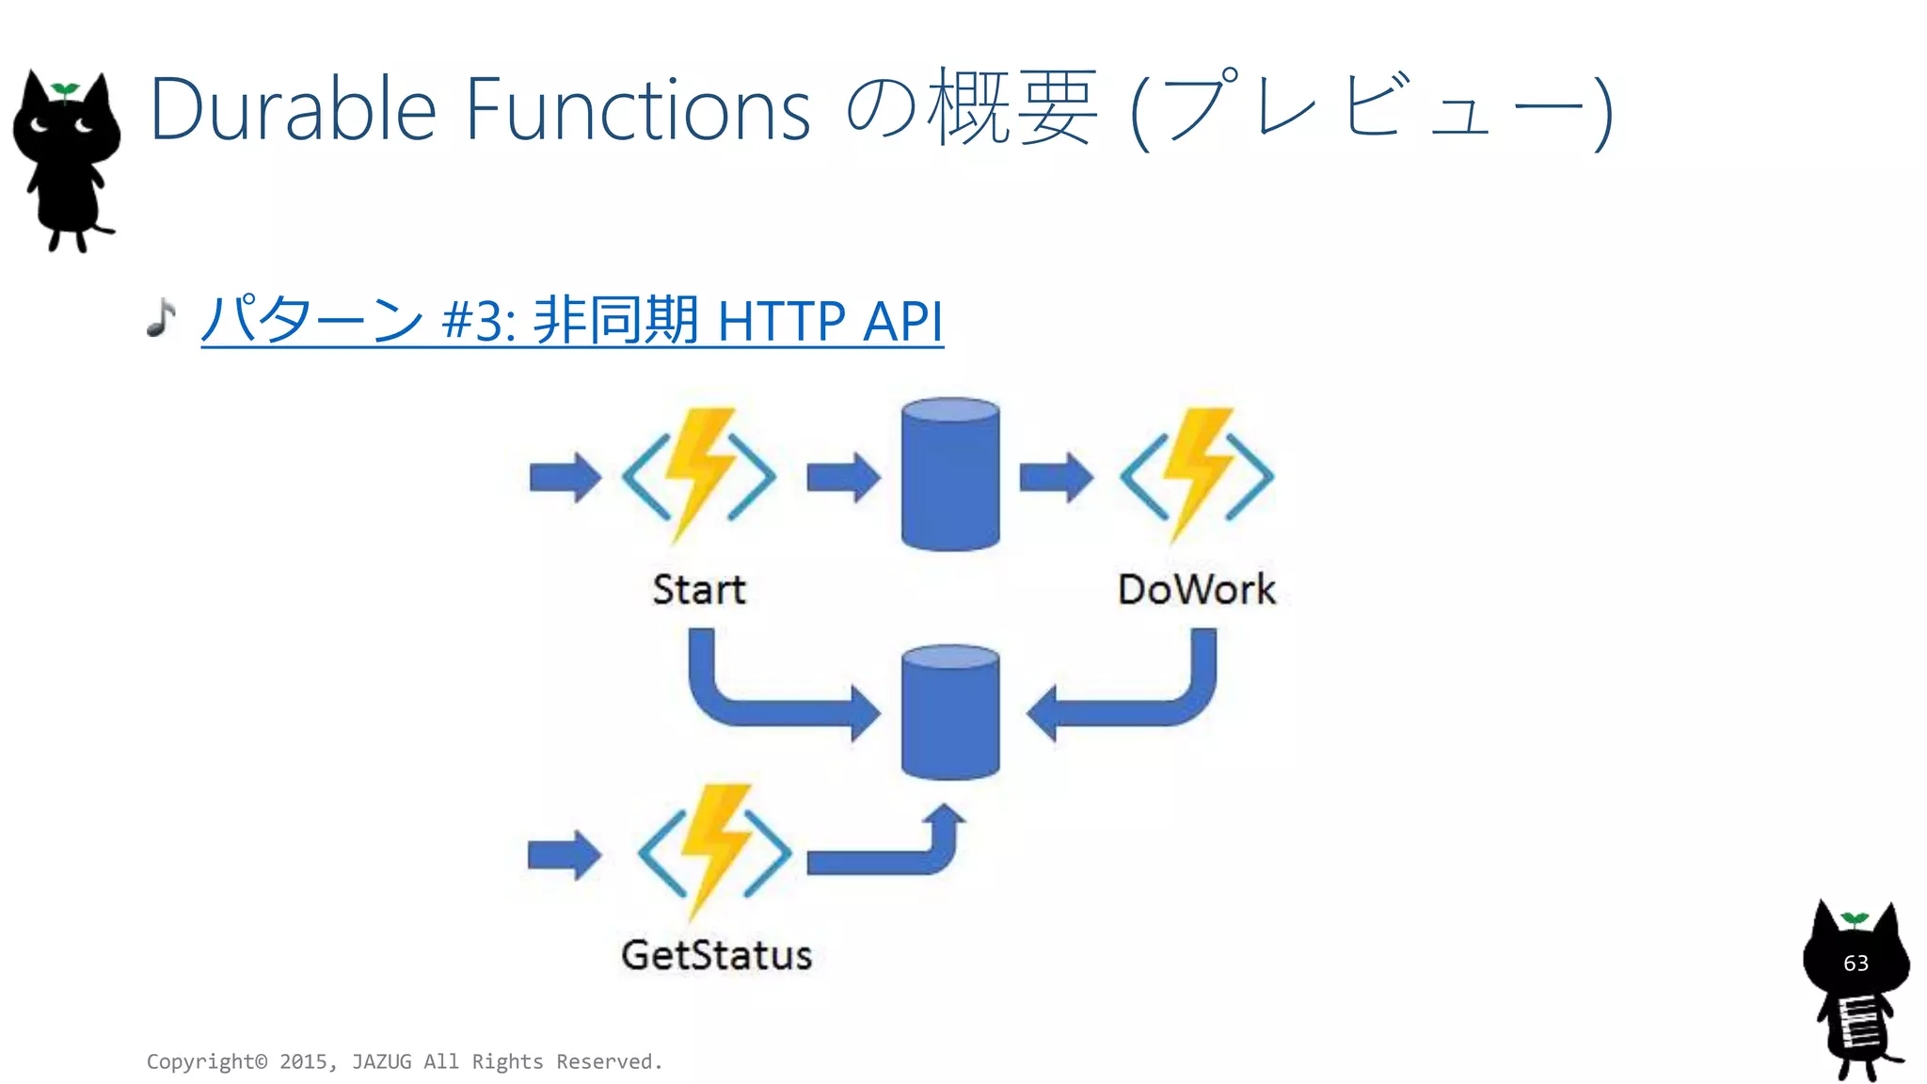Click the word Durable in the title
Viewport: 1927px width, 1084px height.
click(293, 110)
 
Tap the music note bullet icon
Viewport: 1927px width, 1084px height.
click(161, 317)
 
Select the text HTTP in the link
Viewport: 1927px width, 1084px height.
click(781, 321)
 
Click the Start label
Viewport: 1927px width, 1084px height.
click(698, 590)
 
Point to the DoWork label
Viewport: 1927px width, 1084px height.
click(1196, 590)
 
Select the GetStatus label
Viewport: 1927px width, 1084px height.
click(716, 955)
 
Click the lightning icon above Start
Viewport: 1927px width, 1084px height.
click(699, 475)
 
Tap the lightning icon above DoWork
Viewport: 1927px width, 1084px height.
click(1197, 475)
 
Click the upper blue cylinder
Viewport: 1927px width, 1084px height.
click(950, 474)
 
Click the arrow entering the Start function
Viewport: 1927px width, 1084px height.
click(565, 477)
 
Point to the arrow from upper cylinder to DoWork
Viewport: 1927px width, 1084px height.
click(1056, 477)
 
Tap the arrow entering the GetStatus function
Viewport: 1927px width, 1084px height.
click(564, 855)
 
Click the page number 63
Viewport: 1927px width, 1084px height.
click(1855, 964)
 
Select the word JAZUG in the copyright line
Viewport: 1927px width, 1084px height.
click(381, 1061)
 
